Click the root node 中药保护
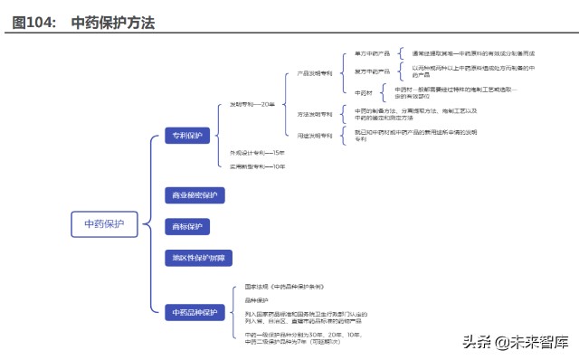tap(103, 224)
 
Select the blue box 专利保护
tap(186, 136)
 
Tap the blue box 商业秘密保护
tap(194, 194)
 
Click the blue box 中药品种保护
tap(195, 312)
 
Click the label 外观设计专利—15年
tap(257, 153)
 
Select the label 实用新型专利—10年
tap(257, 167)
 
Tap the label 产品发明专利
tap(315, 73)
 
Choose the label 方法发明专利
tap(315, 114)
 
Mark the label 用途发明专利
tap(315, 136)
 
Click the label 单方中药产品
tap(372, 53)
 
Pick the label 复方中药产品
tap(372, 71)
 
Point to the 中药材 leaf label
tap(364, 92)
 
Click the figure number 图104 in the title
tap(33, 24)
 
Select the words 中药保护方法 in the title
tap(112, 24)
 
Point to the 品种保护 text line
tap(257, 300)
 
